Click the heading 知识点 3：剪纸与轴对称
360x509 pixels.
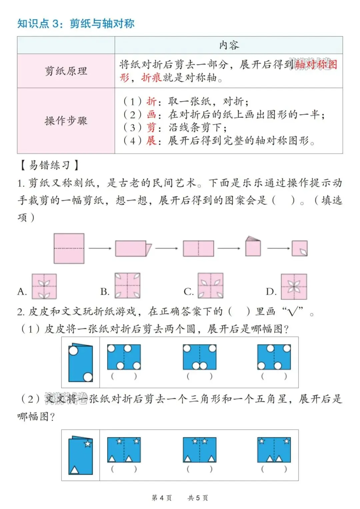point(76,23)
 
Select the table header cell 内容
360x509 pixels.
point(229,45)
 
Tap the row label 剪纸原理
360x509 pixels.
point(66,71)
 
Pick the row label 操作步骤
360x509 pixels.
point(66,121)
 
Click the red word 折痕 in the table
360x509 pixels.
point(152,78)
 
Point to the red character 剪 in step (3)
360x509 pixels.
point(151,127)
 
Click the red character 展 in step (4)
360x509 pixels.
point(151,140)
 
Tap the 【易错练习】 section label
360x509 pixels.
point(49,165)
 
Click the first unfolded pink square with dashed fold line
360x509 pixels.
point(69,248)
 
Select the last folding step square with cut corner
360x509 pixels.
point(300,248)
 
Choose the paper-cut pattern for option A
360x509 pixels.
point(44,286)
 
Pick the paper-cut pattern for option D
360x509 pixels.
point(294,286)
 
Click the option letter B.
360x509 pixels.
point(105,292)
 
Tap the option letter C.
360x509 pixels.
point(188,292)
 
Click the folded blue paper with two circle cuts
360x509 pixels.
point(80,363)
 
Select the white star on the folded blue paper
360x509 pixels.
point(88,444)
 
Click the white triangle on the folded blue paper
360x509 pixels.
point(74,470)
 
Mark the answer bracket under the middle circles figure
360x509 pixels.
point(199,376)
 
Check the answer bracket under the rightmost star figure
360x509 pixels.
point(274,469)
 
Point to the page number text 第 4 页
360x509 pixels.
point(162,498)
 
